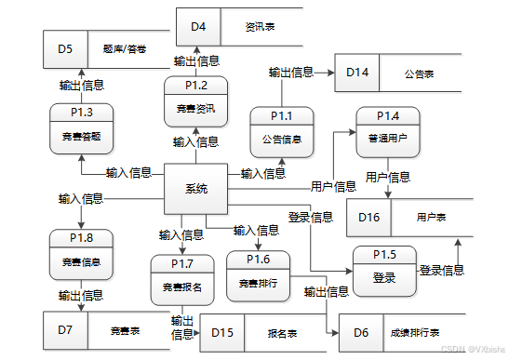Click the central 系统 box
pos(195,189)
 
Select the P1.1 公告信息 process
pos(281,132)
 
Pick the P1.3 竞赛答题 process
pos(82,127)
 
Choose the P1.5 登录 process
pos(384,270)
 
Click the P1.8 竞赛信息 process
pos(82,254)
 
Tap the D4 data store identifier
pos(198,26)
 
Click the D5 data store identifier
pos(64,48)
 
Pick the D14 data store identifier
pos(357,72)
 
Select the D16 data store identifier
pos(369,216)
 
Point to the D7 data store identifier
pos(64,329)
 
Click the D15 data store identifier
pos(221,332)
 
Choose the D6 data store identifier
pos(361,332)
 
